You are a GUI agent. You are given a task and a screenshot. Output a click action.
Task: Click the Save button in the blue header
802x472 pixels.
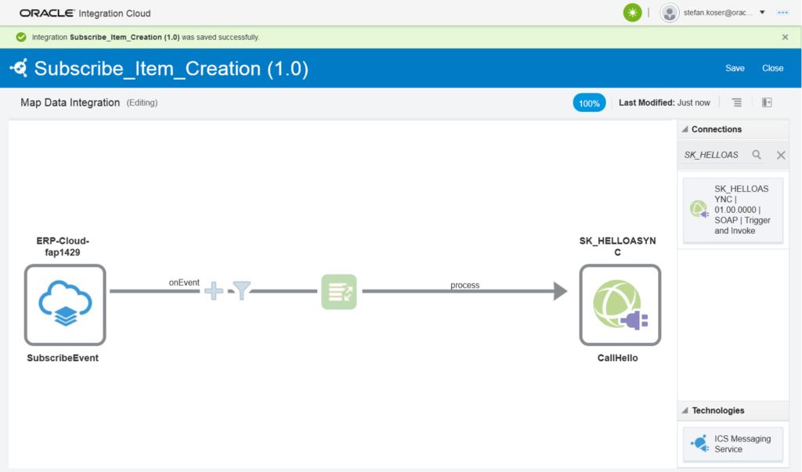pos(735,68)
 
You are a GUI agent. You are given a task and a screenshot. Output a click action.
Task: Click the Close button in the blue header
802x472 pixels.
pos(772,68)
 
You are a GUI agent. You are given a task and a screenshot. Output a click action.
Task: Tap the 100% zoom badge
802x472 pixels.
pos(589,103)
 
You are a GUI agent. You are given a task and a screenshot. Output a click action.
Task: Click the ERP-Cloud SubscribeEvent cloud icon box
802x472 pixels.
pos(65,304)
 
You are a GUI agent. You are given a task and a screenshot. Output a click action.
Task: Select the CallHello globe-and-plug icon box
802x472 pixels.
pos(620,304)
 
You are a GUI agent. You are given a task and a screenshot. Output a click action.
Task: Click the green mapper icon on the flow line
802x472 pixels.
pos(338,292)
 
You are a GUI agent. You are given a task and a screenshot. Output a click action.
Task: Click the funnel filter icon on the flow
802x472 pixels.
pos(242,292)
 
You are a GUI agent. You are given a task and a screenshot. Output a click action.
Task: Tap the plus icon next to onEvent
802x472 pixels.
pos(213,292)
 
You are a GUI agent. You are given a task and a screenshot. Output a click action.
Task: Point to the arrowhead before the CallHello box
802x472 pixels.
pos(559,292)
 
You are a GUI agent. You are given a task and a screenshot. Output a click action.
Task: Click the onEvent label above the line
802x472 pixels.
pos(184,282)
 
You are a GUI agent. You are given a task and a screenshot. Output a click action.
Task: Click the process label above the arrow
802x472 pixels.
pos(464,285)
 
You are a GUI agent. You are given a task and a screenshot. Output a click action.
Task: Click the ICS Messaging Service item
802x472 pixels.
pos(732,444)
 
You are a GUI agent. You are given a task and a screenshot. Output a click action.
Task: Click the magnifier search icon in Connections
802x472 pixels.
pos(757,155)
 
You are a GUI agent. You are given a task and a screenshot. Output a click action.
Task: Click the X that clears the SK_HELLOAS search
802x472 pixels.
pos(781,155)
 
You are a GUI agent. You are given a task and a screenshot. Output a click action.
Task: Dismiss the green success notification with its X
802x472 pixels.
pos(785,37)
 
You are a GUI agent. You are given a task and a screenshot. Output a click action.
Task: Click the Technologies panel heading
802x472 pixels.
pos(717,410)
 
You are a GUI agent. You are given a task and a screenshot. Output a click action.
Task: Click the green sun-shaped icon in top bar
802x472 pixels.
pos(632,13)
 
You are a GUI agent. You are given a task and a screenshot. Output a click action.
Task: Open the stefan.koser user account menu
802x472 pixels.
pos(713,13)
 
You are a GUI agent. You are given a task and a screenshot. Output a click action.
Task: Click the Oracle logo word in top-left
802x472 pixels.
pos(47,13)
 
